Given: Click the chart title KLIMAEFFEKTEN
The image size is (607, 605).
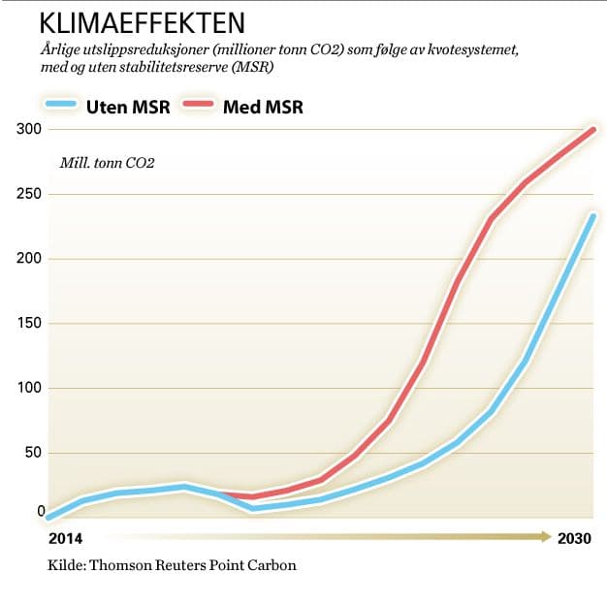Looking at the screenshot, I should coord(142,21).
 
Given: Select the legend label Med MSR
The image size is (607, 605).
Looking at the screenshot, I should coord(264,107).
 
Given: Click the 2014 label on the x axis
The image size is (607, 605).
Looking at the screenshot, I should coord(64,538).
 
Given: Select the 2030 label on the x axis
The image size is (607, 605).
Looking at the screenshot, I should coord(574,538).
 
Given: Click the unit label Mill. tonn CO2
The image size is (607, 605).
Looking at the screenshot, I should coord(107,162).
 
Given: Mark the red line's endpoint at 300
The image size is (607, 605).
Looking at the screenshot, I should coord(592,130).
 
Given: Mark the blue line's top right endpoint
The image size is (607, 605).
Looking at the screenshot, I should coord(592,215).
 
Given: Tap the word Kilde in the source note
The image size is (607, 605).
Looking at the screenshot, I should coord(65,565).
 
